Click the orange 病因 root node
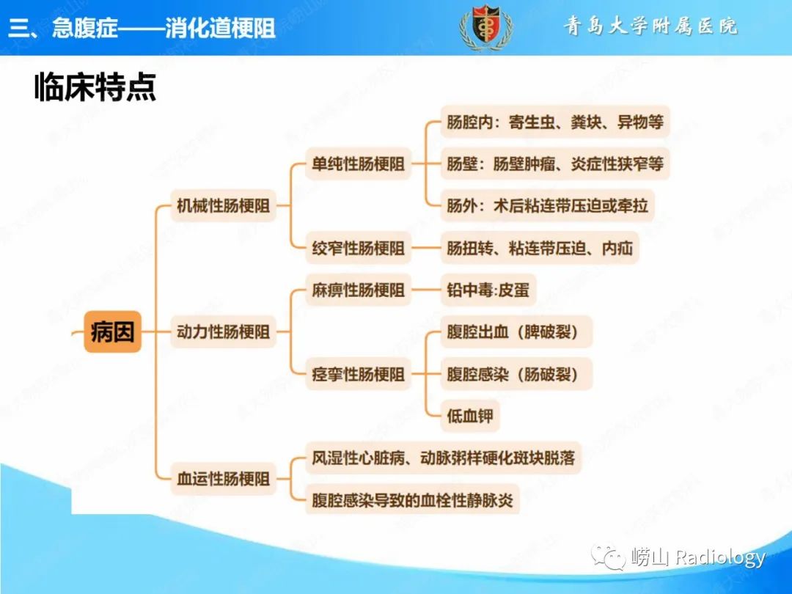point(112,332)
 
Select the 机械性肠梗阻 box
point(223,205)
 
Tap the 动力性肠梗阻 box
point(223,332)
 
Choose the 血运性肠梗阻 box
point(223,478)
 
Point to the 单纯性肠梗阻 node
point(358,164)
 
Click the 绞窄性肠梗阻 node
point(358,248)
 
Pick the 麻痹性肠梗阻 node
point(358,290)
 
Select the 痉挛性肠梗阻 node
point(358,374)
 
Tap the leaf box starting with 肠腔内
point(555,122)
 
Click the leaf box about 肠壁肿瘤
point(555,164)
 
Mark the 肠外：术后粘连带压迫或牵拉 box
point(548,205)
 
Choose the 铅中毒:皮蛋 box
point(488,290)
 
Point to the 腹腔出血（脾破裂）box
point(516,332)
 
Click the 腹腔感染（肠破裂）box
point(516,374)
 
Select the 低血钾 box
point(470,417)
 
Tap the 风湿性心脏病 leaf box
point(444,458)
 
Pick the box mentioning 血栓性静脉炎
point(412,500)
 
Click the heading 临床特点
point(95,87)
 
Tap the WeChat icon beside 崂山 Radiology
point(608,557)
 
